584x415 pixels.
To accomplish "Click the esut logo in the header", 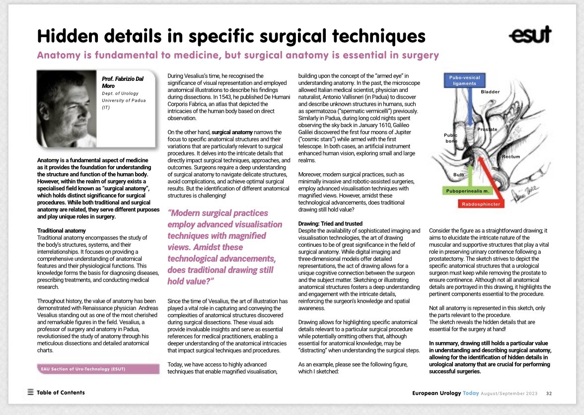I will (530, 35).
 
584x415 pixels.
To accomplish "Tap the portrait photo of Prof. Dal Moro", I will (67, 107).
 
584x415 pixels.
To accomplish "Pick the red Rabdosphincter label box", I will (481, 204).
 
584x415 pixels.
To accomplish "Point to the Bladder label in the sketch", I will (490, 92).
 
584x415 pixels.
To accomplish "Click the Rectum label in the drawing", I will (511, 157).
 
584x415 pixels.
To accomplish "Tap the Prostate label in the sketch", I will (487, 130).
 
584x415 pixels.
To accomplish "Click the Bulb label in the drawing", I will (459, 175).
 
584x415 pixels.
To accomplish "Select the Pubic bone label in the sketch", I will (450, 138).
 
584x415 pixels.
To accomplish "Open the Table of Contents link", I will (61, 392).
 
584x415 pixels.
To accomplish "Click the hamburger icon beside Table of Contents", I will (31, 392).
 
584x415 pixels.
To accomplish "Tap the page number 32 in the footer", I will (549, 393).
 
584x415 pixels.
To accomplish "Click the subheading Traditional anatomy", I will (62, 231).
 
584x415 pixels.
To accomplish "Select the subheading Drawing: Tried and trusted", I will (330, 224).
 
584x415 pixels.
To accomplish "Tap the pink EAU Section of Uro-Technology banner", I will (98, 369).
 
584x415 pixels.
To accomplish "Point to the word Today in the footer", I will (471, 393).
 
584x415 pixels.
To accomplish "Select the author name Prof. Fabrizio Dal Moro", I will (121, 82).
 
